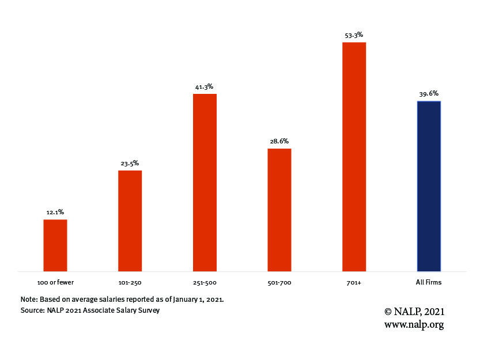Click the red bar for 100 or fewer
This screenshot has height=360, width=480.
(55, 245)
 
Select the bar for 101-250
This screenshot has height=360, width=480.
(130, 221)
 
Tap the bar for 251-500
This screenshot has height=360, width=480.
(205, 182)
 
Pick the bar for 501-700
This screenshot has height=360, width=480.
(279, 210)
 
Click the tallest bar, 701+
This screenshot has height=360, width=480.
(354, 156)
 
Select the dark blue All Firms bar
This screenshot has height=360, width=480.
(429, 186)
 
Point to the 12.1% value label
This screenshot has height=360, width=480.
(55, 213)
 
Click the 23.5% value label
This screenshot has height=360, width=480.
(130, 163)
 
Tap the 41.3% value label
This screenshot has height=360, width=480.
(205, 86)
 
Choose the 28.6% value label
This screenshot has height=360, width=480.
(279, 141)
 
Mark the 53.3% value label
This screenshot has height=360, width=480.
(354, 35)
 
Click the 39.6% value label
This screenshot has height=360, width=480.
(429, 93)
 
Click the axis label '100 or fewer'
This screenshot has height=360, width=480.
(55, 282)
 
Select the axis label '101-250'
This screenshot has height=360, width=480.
(130, 282)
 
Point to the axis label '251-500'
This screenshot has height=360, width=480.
(205, 282)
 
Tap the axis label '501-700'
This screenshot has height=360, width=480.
(279, 282)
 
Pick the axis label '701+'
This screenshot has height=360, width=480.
(354, 282)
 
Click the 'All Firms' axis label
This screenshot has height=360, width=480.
(429, 282)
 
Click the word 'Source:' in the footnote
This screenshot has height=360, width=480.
(32, 310)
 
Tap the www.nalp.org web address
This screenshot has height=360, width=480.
(414, 324)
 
